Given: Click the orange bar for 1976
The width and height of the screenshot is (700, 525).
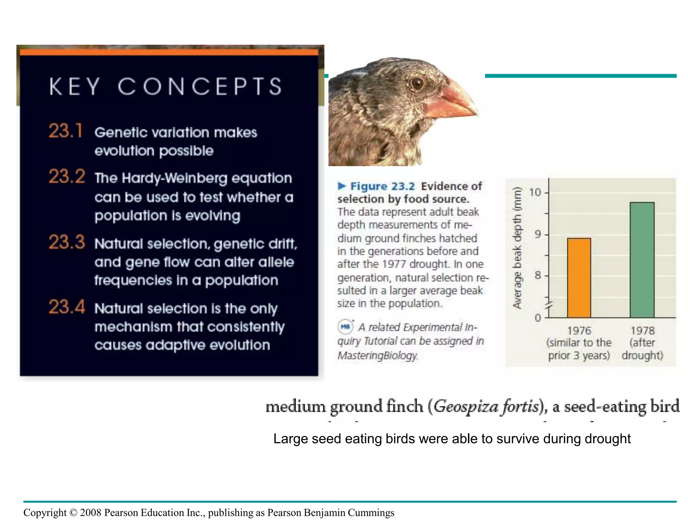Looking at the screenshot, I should pyautogui.click(x=579, y=278).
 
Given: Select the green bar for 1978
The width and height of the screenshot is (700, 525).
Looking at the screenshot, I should pyautogui.click(x=642, y=260).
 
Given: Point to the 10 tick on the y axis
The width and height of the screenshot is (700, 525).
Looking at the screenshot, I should pyautogui.click(x=535, y=192).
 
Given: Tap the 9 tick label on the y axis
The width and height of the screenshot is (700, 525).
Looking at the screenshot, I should pyautogui.click(x=538, y=234).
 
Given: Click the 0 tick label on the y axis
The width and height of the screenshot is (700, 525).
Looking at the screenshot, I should pyautogui.click(x=538, y=318).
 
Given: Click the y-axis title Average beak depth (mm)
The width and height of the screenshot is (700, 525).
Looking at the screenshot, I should pyautogui.click(x=517, y=248).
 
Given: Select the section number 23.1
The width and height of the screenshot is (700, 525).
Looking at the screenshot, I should pyautogui.click(x=65, y=131).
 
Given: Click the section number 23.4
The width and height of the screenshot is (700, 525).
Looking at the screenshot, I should pyautogui.click(x=67, y=307).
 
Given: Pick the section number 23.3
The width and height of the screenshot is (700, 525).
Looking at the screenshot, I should pyautogui.click(x=67, y=242).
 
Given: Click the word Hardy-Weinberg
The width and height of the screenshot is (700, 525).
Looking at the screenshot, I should pyautogui.click(x=174, y=178).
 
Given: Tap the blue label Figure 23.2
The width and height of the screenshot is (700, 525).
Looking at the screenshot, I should pyautogui.click(x=382, y=186).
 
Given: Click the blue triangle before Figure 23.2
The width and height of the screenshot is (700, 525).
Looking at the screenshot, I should pyautogui.click(x=342, y=186).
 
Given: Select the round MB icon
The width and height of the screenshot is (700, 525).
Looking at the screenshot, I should pyautogui.click(x=345, y=326).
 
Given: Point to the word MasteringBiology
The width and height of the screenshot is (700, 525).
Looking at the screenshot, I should pyautogui.click(x=377, y=355).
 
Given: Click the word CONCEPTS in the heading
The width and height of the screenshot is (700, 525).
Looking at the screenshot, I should pyautogui.click(x=200, y=86).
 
